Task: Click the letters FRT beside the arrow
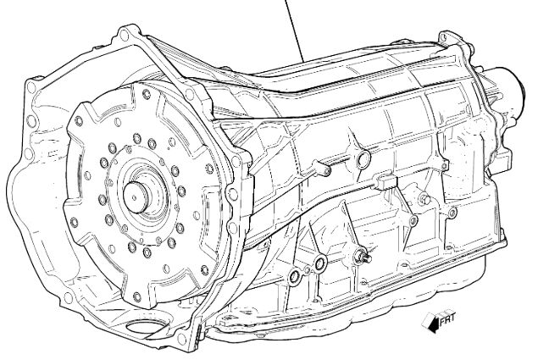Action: pos(447,318)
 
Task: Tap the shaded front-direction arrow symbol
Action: pos(431,323)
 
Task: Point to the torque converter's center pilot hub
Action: pos(136,197)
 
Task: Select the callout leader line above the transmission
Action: pos(294,30)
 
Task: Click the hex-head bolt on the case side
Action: pos(424,199)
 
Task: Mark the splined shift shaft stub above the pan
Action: pos(363,257)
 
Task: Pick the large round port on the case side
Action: pos(363,159)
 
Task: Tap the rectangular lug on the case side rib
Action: pos(385,181)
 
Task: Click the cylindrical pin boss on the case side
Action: pos(322,168)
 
